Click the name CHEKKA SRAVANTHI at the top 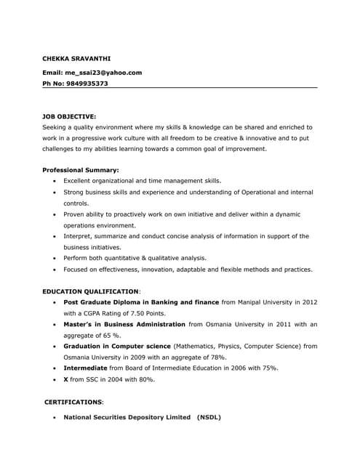[76, 58]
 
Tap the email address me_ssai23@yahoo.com [103, 73]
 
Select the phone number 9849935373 [86, 84]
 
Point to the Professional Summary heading [81, 170]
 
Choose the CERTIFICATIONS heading [73, 402]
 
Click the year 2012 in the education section [310, 302]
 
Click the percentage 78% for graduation [217, 357]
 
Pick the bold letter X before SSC [65, 379]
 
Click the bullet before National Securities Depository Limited [55, 418]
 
